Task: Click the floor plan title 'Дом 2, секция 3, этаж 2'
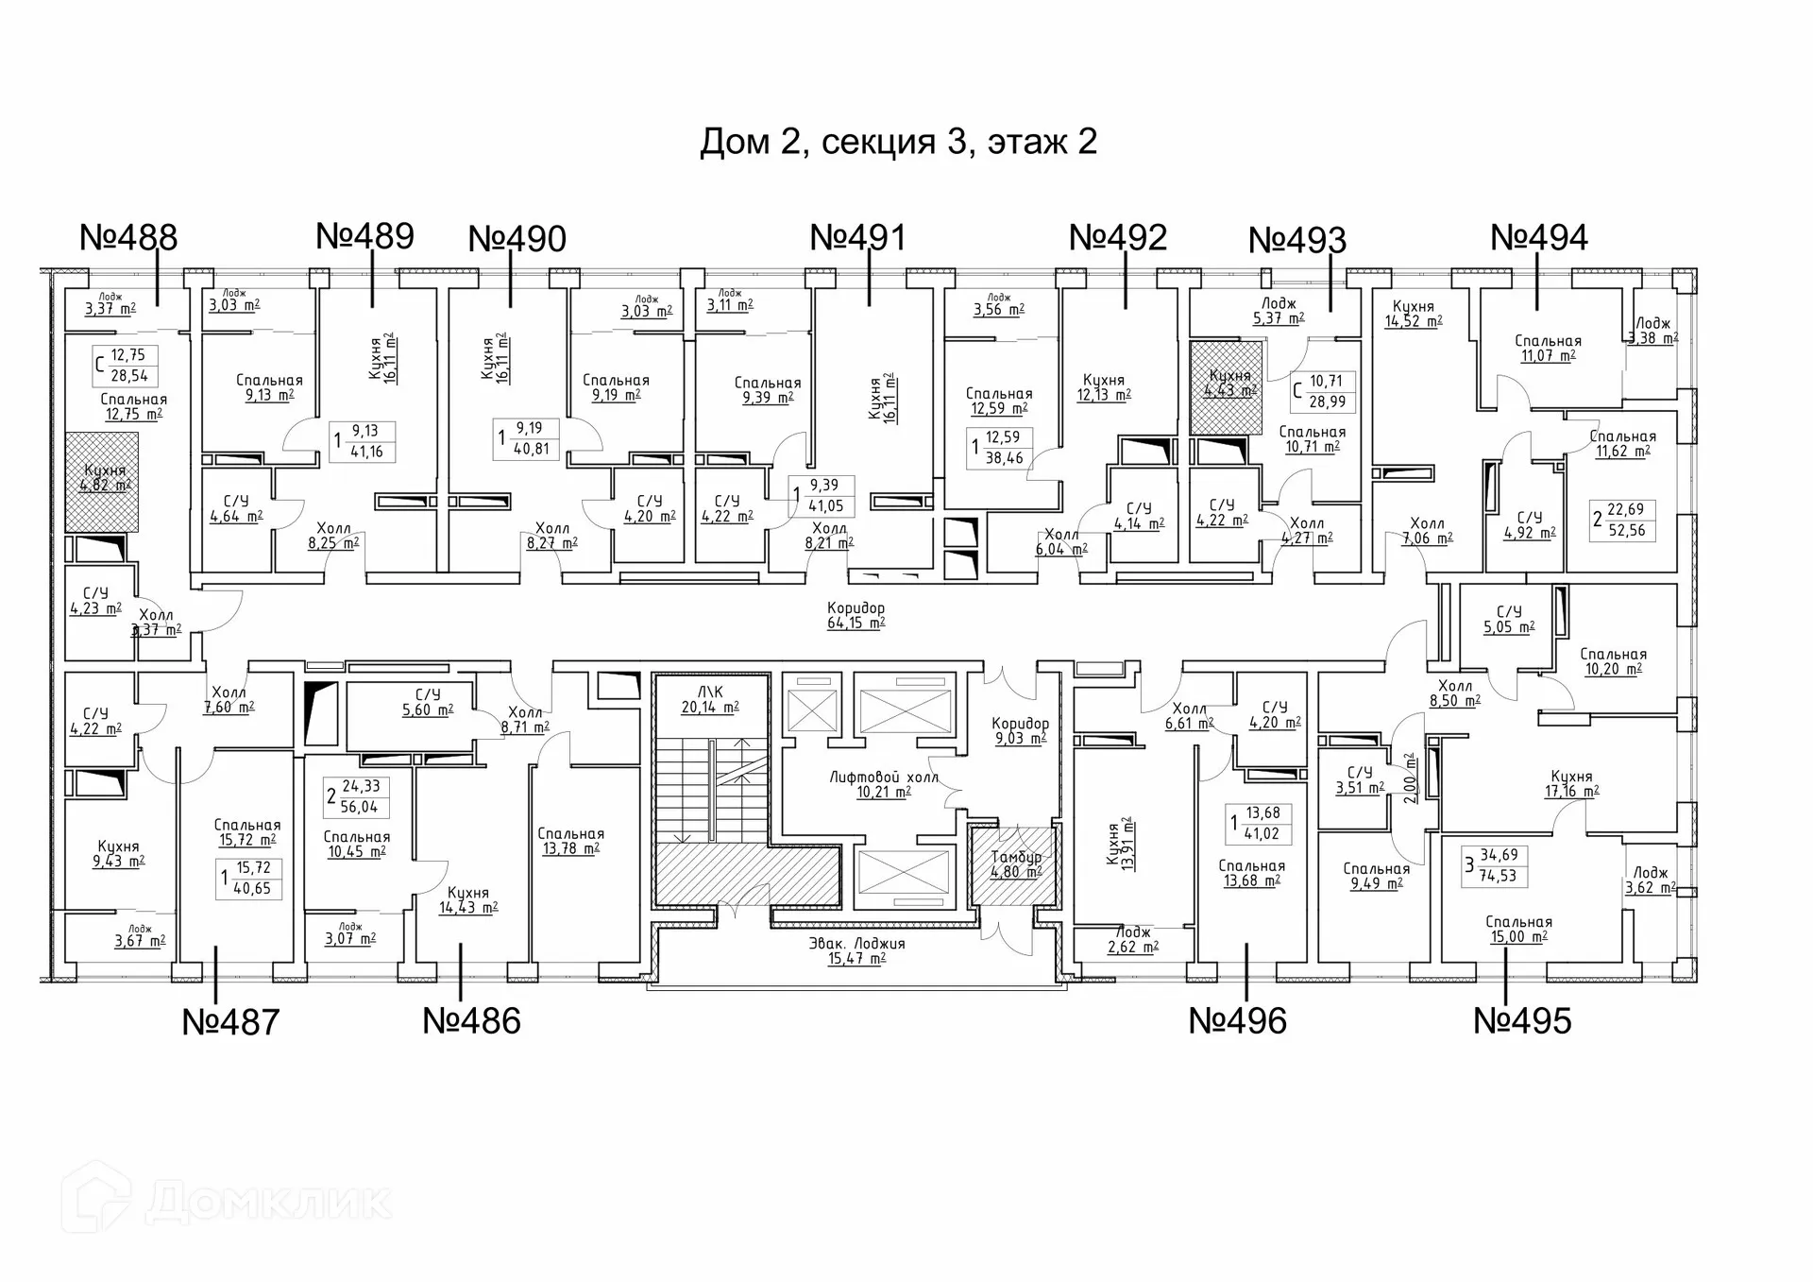pyautogui.click(x=898, y=142)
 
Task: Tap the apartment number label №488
pyautogui.click(x=128, y=237)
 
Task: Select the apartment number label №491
pyautogui.click(x=857, y=237)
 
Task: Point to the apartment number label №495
pyautogui.click(x=1522, y=1020)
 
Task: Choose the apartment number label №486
pyautogui.click(x=471, y=1020)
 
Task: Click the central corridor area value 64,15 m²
pyautogui.click(x=856, y=623)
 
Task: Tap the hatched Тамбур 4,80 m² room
pyautogui.click(x=1016, y=864)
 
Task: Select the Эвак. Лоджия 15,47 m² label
pyautogui.click(x=856, y=950)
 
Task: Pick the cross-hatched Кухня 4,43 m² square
pyautogui.click(x=1226, y=387)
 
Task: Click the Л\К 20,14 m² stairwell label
pyautogui.click(x=710, y=699)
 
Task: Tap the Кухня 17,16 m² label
pyautogui.click(x=1571, y=784)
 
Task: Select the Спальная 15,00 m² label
pyautogui.click(x=1518, y=929)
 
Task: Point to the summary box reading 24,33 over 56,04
pyautogui.click(x=356, y=796)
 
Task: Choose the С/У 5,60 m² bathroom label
pyautogui.click(x=428, y=702)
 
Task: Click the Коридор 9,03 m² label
pyautogui.click(x=1020, y=730)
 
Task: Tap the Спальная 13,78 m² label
pyautogui.click(x=570, y=841)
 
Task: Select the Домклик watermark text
pyautogui.click(x=268, y=1202)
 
